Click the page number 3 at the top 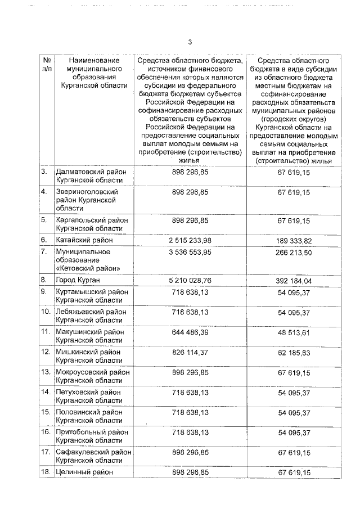(x=190, y=42)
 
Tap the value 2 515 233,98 (x=190, y=240)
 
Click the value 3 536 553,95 (x=190, y=251)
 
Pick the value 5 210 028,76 (x=190, y=279)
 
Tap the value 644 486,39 (x=190, y=331)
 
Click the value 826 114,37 (x=190, y=352)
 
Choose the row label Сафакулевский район (x=93, y=452)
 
